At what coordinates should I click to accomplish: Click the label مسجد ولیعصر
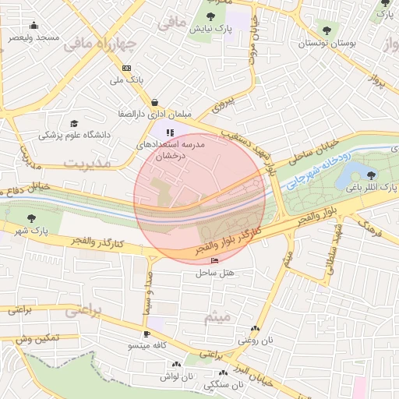(34, 37)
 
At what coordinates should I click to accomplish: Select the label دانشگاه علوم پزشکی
(76, 135)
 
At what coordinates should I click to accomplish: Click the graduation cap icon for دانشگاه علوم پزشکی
(74, 123)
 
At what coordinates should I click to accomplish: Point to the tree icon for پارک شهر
(31, 218)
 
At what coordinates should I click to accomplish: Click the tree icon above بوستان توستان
(326, 32)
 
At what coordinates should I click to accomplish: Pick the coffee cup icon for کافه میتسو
(146, 334)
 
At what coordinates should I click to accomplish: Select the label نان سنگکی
(224, 384)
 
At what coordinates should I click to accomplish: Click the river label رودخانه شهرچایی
(321, 168)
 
